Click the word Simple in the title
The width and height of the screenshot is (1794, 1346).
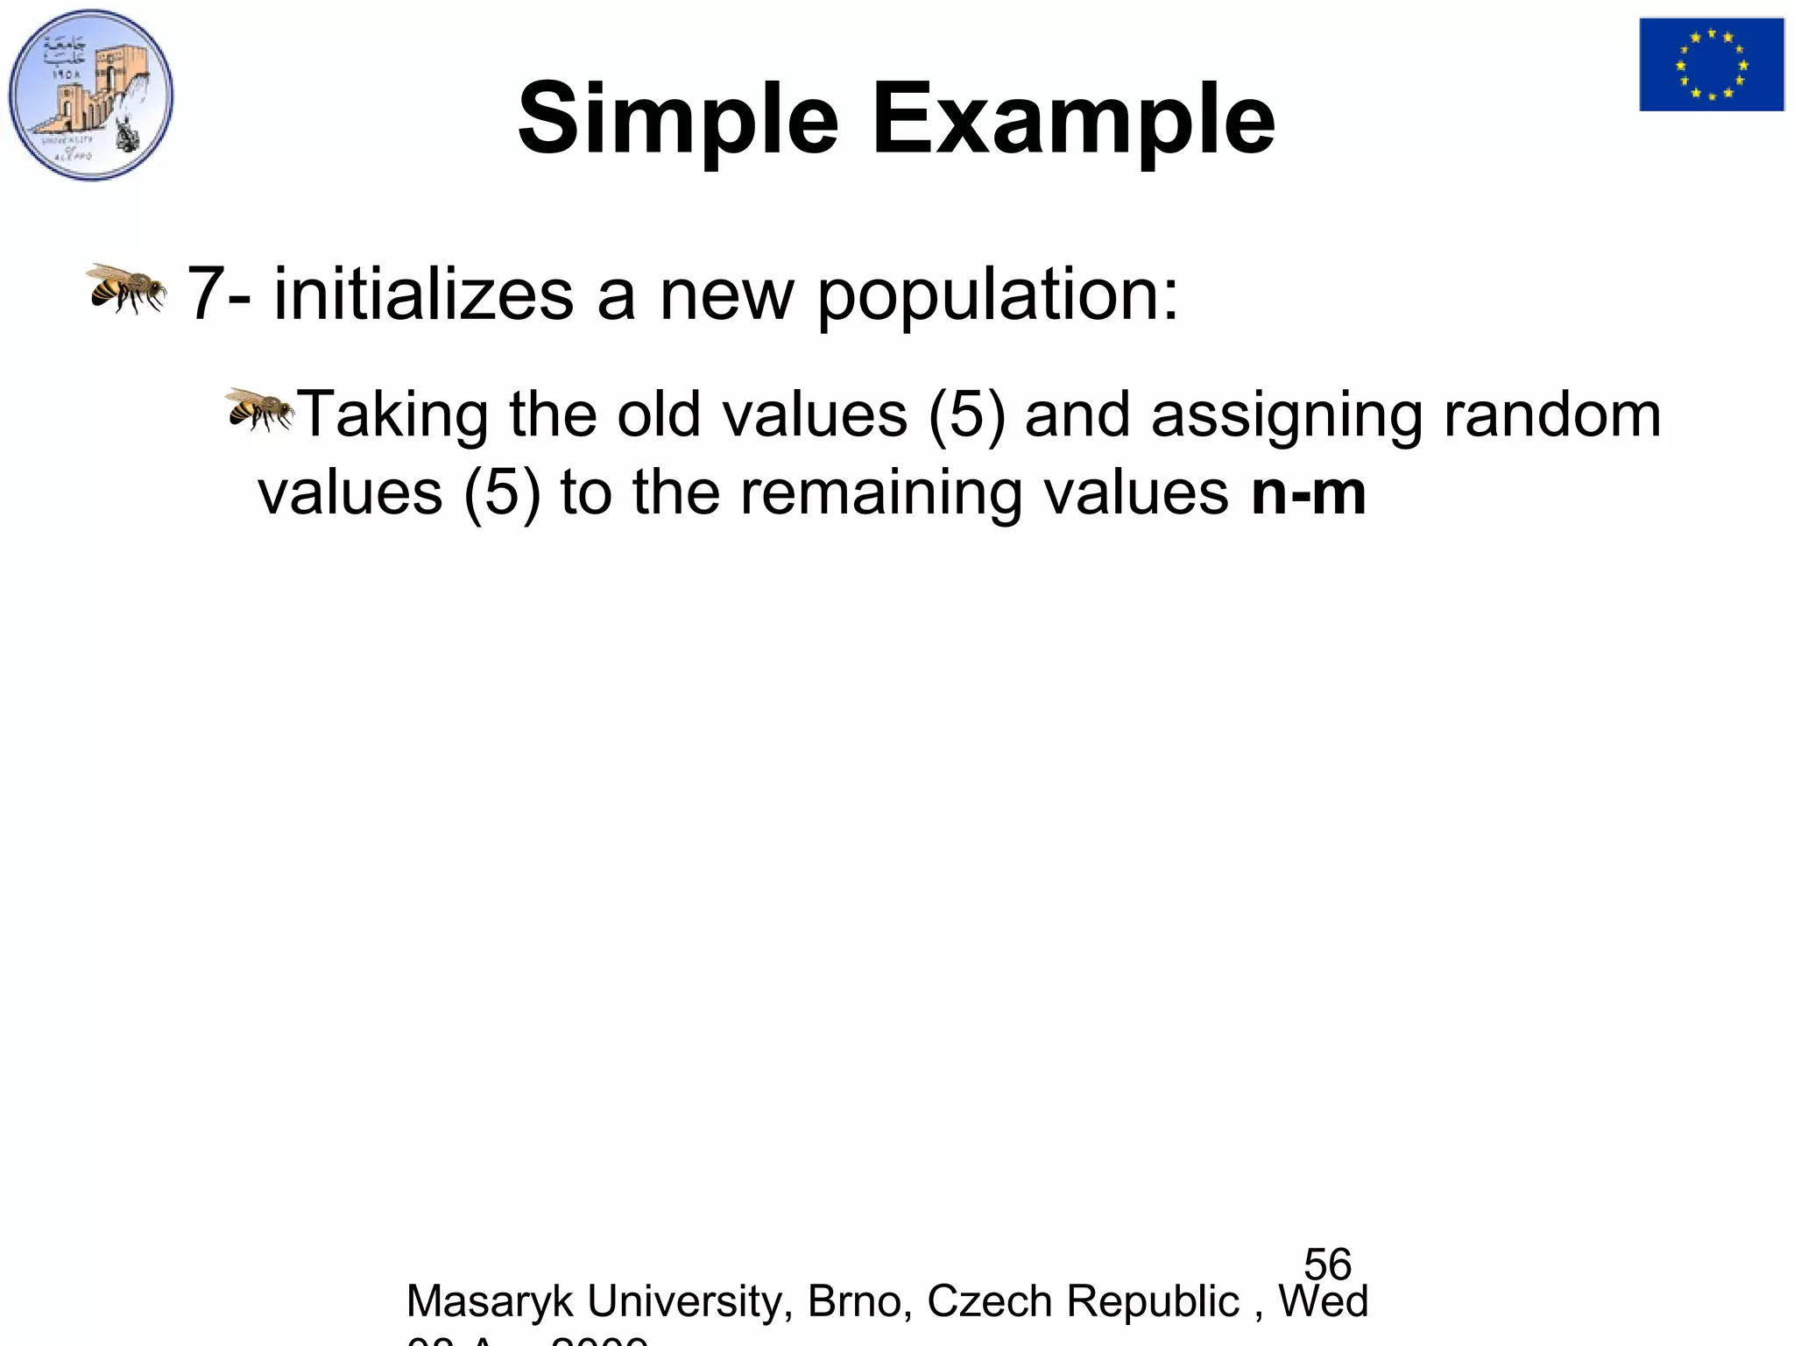(x=678, y=120)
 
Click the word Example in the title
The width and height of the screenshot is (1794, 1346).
(x=1072, y=120)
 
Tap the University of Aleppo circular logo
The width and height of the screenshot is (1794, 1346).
(x=91, y=95)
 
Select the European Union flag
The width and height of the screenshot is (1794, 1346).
(x=1712, y=65)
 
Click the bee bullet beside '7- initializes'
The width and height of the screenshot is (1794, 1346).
(x=126, y=287)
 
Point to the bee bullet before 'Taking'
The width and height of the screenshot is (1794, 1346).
(x=260, y=409)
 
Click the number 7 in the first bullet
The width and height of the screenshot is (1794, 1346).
(x=205, y=294)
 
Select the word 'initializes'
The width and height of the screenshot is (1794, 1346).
(x=423, y=294)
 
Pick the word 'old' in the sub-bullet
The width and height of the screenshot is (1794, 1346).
(x=658, y=414)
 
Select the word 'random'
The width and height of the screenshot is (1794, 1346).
(x=1551, y=414)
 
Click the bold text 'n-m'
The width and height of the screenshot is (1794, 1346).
(x=1308, y=493)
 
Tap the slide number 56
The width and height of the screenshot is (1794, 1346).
(x=1327, y=1265)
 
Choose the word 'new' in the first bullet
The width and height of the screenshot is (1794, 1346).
(x=726, y=296)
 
